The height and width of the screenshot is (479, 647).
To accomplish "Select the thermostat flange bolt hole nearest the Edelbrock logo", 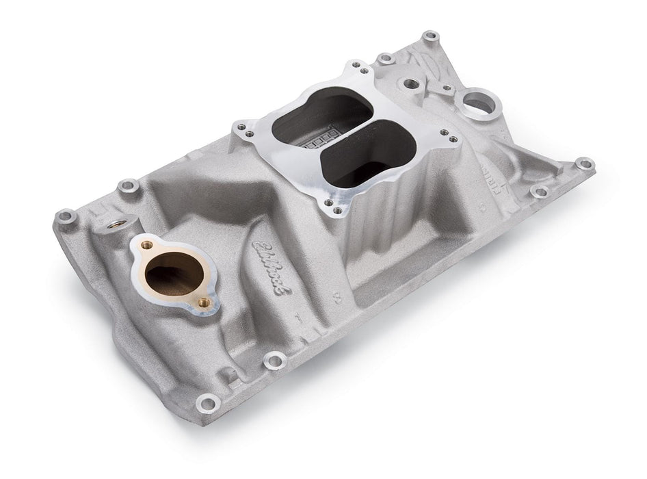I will click(203, 302).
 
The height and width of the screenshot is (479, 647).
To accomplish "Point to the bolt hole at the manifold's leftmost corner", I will click(66, 218).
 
